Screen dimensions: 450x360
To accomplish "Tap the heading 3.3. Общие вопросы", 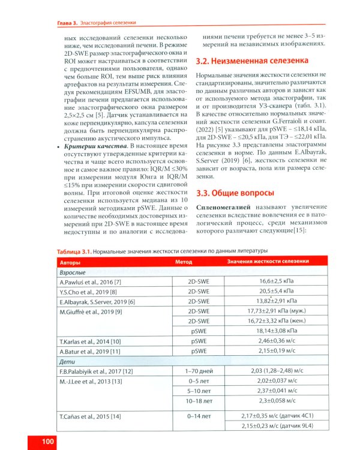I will (x=235, y=193).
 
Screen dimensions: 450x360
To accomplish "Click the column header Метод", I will (x=184, y=262).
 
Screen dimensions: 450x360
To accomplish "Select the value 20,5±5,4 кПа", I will (x=269, y=291).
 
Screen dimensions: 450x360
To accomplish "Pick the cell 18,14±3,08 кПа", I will (x=269, y=330).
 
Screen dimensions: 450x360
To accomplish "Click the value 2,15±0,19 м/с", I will (x=269, y=350).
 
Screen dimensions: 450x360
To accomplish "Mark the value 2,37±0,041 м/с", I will (x=269, y=390).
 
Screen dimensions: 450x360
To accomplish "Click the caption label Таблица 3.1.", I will (x=74, y=251).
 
